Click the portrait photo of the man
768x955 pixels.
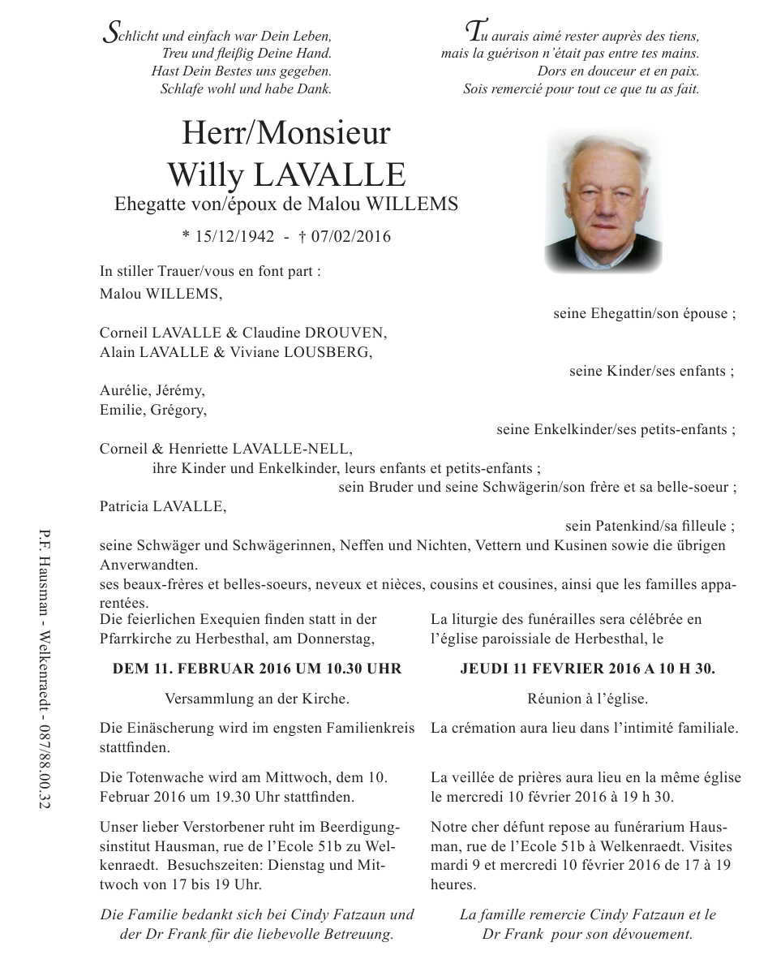pyautogui.click(x=603, y=202)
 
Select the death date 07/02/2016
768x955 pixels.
pyautogui.click(x=345, y=237)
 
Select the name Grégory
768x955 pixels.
pyautogui.click(x=181, y=410)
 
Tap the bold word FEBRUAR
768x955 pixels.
pyautogui.click(x=200, y=669)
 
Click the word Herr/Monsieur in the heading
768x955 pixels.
pyautogui.click(x=286, y=133)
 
